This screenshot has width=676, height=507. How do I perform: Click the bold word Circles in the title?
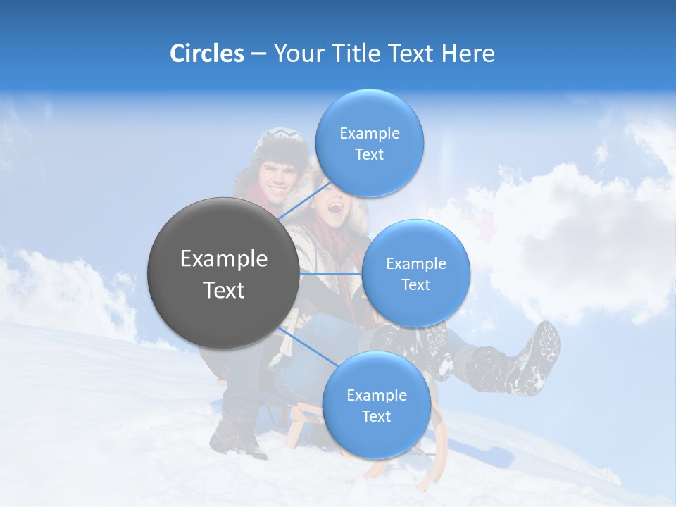point(206,54)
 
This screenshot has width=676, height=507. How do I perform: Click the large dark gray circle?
point(223,273)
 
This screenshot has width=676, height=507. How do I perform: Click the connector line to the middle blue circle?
point(330,273)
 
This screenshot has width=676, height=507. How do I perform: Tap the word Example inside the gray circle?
point(223,259)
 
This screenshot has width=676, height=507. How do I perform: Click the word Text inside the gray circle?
point(223,290)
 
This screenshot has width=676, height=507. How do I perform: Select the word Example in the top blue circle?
point(369,133)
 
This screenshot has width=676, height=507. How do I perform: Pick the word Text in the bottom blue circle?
point(376,416)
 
